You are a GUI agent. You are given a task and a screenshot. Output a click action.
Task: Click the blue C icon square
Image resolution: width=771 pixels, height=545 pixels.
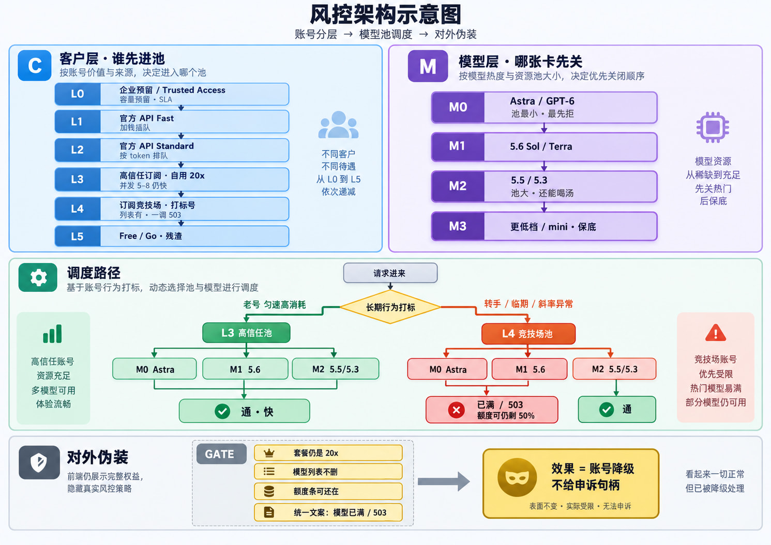(x=35, y=65)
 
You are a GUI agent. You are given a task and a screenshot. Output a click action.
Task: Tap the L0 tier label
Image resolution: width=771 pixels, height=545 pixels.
(x=78, y=94)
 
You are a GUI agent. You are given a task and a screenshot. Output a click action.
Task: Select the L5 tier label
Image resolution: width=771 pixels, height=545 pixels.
(x=78, y=236)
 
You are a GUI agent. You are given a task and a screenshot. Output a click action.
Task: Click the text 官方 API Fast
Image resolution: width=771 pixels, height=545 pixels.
(x=147, y=118)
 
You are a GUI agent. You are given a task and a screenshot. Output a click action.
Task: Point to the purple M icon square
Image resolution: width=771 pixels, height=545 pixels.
(x=428, y=66)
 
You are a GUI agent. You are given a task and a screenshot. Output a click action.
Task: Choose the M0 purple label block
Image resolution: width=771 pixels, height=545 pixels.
(x=458, y=107)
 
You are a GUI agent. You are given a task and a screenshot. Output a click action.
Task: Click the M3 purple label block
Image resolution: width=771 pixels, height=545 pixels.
(x=458, y=226)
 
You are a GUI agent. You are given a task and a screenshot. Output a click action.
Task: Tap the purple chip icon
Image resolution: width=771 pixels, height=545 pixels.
(x=713, y=127)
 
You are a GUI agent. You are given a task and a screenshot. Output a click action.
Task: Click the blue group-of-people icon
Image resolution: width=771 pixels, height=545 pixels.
(x=338, y=124)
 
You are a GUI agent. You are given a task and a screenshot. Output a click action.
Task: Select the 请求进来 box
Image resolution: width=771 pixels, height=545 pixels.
(x=390, y=273)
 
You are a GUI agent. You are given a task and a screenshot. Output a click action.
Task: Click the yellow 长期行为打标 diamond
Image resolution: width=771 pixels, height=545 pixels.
(x=390, y=307)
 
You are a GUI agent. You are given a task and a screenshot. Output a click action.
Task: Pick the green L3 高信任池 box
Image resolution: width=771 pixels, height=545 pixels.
(x=246, y=333)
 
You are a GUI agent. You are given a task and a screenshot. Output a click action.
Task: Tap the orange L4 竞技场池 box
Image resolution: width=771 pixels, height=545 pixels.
(x=528, y=334)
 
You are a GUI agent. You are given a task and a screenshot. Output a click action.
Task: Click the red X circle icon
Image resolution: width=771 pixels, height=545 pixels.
(x=457, y=410)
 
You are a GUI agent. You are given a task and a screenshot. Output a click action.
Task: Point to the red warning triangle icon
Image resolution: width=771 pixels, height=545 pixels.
(x=716, y=333)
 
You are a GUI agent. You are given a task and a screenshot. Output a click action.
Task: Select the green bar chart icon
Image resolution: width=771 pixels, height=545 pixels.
(x=52, y=334)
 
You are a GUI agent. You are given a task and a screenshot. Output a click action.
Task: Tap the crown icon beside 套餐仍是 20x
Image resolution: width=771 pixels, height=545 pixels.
(x=269, y=453)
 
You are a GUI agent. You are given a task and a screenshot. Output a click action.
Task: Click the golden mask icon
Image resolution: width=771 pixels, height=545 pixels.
(x=517, y=477)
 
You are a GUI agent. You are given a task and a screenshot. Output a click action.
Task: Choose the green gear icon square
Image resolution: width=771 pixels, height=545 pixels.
(x=38, y=277)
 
